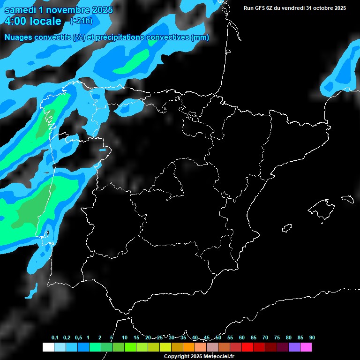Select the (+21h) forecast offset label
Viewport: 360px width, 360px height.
point(81,21)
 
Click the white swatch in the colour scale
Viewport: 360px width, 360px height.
point(48,347)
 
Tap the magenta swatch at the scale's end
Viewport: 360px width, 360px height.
point(306,347)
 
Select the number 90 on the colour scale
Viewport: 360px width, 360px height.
point(312,338)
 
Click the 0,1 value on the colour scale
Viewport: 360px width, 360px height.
point(54,338)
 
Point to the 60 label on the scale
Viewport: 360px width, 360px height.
point(242,338)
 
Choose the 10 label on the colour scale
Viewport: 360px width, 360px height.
point(125,338)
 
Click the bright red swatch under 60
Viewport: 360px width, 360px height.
point(247,347)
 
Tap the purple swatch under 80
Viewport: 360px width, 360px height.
point(294,347)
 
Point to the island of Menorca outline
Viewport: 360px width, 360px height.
point(347,199)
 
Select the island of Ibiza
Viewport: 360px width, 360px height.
point(287,228)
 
